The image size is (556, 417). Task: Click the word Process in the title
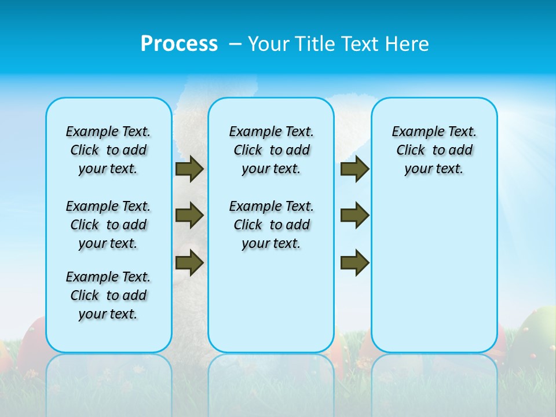[179, 43]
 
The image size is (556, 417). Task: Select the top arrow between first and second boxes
[189, 169]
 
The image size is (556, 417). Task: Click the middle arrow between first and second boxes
[189, 215]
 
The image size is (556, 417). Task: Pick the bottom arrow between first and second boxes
[189, 262]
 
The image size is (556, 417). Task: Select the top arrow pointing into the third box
[354, 169]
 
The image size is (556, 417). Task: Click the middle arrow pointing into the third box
[354, 215]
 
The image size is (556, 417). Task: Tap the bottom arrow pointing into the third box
[354, 262]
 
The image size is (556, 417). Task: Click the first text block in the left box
[108, 150]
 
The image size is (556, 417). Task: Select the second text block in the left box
[108, 225]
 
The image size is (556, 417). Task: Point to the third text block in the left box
[108, 295]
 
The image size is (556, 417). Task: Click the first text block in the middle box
[271, 150]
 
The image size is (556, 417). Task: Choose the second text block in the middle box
[271, 225]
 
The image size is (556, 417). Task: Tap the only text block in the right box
[434, 150]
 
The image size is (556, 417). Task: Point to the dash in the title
[235, 44]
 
